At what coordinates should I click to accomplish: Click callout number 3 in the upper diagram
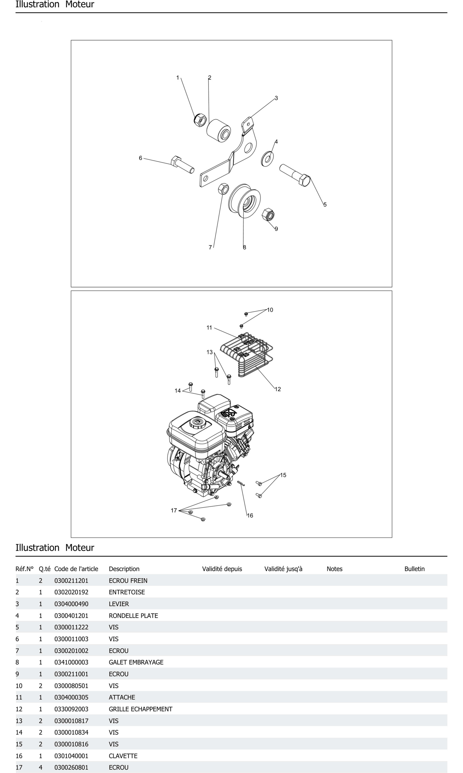(x=276, y=98)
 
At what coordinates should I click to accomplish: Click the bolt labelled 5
(x=295, y=175)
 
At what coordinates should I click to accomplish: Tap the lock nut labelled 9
(x=268, y=215)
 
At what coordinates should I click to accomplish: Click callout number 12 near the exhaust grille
(x=278, y=389)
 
